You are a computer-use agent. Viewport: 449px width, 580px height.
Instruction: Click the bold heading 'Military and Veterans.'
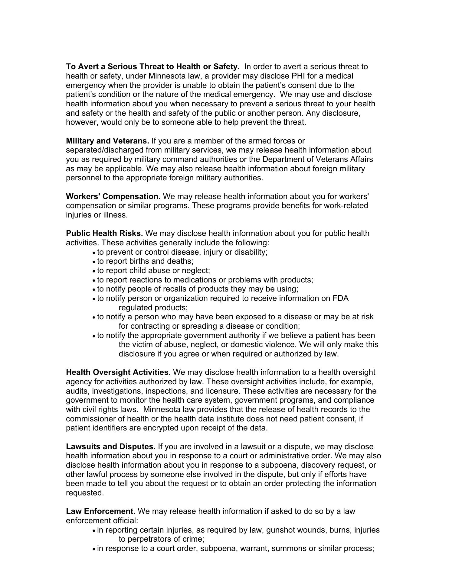coord(107,141)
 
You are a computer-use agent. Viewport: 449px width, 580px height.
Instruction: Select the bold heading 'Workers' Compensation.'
coord(113,197)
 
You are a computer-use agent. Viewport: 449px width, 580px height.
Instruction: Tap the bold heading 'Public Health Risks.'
coord(104,234)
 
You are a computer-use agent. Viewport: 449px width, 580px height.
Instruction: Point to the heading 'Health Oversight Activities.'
coord(118,372)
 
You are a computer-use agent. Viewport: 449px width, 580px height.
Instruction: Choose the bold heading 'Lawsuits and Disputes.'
coord(111,447)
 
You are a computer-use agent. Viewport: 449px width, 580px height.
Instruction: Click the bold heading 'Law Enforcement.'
coord(101,511)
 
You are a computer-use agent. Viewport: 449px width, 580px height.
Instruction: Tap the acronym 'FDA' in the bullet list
coord(340,298)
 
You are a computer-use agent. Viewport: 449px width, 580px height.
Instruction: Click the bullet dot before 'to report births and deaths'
coord(94,262)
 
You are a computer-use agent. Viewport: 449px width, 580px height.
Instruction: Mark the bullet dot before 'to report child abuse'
coord(94,271)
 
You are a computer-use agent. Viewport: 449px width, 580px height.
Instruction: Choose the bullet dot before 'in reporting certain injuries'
coord(94,531)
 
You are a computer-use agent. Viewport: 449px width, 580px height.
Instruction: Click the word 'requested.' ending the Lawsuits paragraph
coord(85,493)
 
